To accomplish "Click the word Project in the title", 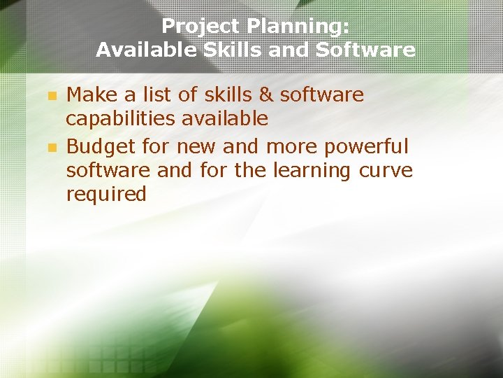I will click(196, 27).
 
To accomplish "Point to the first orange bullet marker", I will click(50, 95).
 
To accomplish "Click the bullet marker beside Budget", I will click(50, 148).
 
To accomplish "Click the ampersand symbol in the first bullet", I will click(265, 94).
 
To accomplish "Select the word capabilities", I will click(121, 118).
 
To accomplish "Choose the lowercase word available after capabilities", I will click(225, 118).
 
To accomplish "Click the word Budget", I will click(101, 147).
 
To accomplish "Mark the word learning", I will click(312, 170).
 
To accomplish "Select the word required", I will click(106, 194).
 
